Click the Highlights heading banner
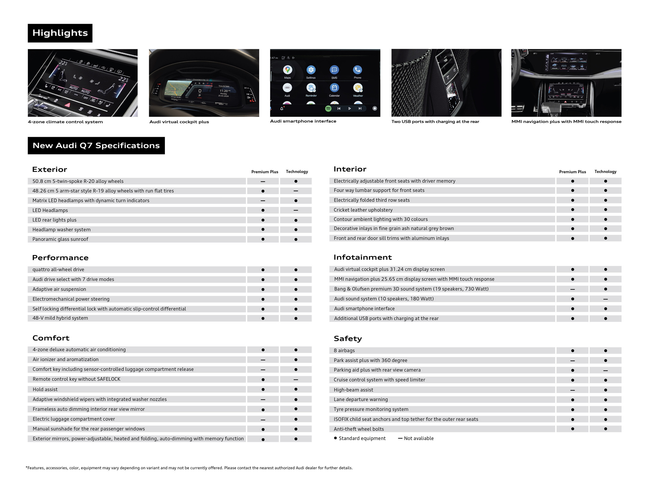[60, 33]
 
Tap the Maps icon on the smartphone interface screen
[287, 70]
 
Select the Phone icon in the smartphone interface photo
[357, 70]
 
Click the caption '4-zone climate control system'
[65, 122]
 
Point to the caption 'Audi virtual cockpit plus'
[179, 122]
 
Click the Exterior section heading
[50, 170]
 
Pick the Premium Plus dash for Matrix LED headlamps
[263, 201]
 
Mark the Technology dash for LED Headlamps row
[296, 210]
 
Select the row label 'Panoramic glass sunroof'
[60, 239]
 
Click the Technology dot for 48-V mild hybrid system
[296, 318]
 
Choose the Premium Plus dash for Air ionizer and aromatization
[263, 360]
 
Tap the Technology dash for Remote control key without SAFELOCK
[296, 380]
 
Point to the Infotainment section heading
[362, 257]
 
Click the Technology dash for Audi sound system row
[606, 299]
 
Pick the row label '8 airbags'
[344, 350]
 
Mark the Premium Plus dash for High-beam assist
[572, 390]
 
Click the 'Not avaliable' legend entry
[416, 438]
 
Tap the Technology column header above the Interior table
[606, 172]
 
